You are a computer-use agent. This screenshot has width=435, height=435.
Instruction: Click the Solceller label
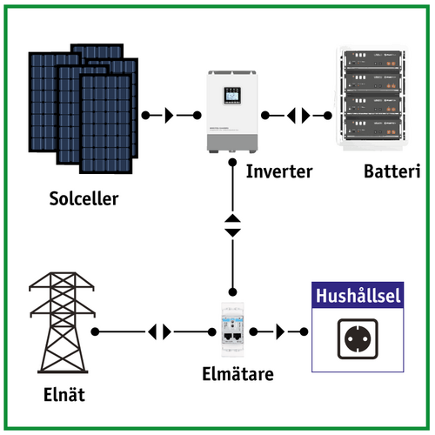(x=84, y=199)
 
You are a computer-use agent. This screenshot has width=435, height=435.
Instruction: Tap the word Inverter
(x=278, y=171)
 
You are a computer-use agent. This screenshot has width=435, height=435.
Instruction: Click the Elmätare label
(x=233, y=376)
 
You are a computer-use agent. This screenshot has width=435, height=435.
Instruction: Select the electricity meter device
(x=232, y=331)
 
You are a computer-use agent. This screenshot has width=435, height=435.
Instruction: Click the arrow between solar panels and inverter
(x=170, y=115)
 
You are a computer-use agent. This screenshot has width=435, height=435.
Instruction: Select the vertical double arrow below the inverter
(x=232, y=224)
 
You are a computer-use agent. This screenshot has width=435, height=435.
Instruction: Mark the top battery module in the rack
(x=378, y=64)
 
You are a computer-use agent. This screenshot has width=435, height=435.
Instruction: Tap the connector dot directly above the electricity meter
(x=232, y=291)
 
